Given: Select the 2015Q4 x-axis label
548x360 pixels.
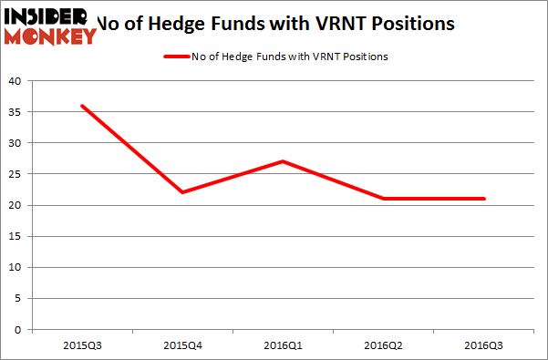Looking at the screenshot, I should (181, 345).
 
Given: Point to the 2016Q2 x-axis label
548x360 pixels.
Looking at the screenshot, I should (383, 345).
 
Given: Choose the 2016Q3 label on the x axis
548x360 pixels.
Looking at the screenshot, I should (483, 345).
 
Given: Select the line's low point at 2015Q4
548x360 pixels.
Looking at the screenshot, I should (181, 192).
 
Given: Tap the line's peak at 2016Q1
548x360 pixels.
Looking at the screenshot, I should (283, 161).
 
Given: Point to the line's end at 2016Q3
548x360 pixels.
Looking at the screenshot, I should (483, 199).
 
